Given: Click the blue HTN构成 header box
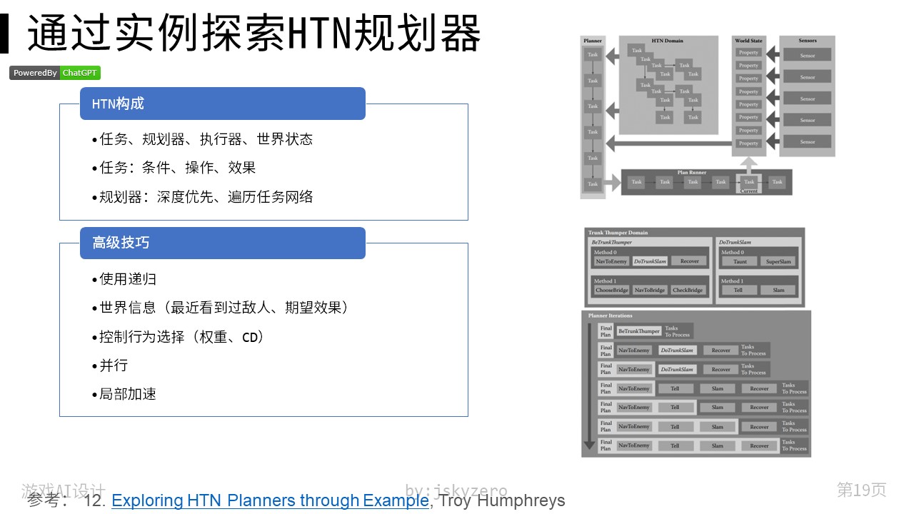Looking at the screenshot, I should coord(222,104).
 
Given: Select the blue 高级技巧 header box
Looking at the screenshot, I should coord(222,243).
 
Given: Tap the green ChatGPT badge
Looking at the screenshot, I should coord(80,73).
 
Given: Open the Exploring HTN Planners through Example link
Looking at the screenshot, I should coord(270,500).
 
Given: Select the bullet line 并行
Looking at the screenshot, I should coord(114,366).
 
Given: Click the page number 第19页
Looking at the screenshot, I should coord(861,490).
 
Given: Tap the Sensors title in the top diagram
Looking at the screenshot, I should coord(807,41).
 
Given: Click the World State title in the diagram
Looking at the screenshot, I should coord(748,41).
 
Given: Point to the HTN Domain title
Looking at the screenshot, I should coord(668,41).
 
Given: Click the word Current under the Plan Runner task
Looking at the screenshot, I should coord(749,191).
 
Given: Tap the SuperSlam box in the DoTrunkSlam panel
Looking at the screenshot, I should coord(778,261).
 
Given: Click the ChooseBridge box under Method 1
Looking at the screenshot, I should coord(611,290).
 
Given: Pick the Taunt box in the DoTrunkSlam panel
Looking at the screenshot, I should coord(740,261).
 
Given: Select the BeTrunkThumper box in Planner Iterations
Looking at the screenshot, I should coord(639,331).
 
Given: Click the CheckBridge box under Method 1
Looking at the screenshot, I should coord(688,290).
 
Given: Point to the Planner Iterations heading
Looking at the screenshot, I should coord(610,316).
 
